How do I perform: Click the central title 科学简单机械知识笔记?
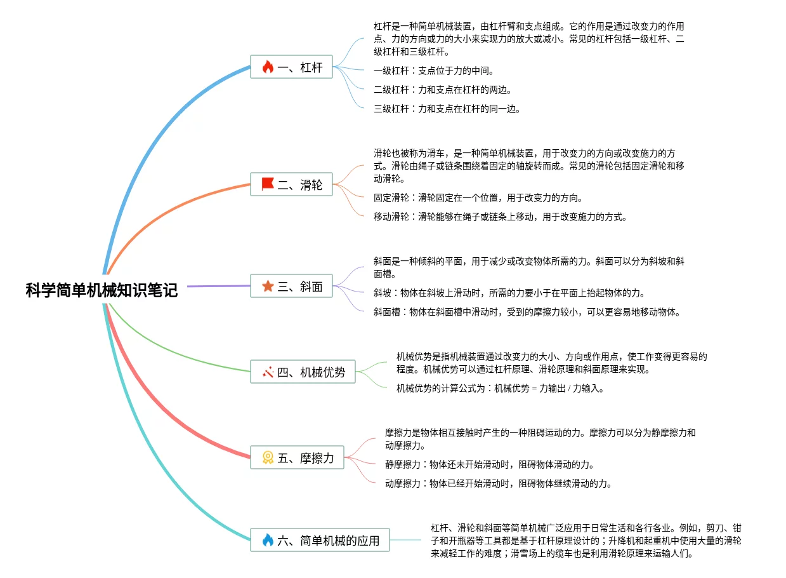pos(102,291)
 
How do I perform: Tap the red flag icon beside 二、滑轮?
pos(268,184)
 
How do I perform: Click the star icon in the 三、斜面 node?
pos(268,286)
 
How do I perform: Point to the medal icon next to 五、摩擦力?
pos(268,457)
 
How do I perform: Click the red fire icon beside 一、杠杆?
pos(268,67)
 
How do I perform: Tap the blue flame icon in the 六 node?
pos(268,541)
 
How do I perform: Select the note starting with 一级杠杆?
pos(434,71)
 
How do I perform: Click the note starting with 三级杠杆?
pos(447,109)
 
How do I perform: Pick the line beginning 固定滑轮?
pos(478,198)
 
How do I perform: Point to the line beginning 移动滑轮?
pos(501,217)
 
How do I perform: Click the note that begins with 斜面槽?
pos(527,312)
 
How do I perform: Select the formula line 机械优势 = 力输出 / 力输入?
pos(501,388)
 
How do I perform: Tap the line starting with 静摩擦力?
pos(490,464)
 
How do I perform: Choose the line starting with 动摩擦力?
pos(499,483)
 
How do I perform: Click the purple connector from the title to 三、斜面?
pos(219,286)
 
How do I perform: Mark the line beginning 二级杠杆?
pos(443,90)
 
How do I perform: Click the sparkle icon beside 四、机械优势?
pos(268,372)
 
